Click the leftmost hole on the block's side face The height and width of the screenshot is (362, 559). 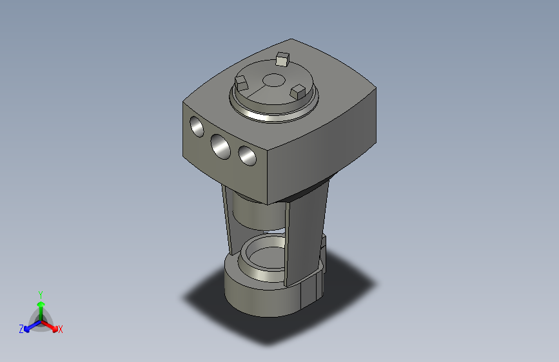[x=197, y=127]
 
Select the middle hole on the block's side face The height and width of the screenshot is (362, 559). [x=221, y=147]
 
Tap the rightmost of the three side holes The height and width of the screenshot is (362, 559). [x=248, y=156]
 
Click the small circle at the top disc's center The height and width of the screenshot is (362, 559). [x=273, y=80]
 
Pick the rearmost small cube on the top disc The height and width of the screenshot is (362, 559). [x=282, y=59]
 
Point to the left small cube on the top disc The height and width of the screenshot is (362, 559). [x=241, y=83]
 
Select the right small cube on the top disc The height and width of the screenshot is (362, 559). [x=297, y=92]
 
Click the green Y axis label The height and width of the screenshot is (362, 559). [x=41, y=295]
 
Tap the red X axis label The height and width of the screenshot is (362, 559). [x=60, y=330]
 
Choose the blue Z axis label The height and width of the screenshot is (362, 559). [x=21, y=329]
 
